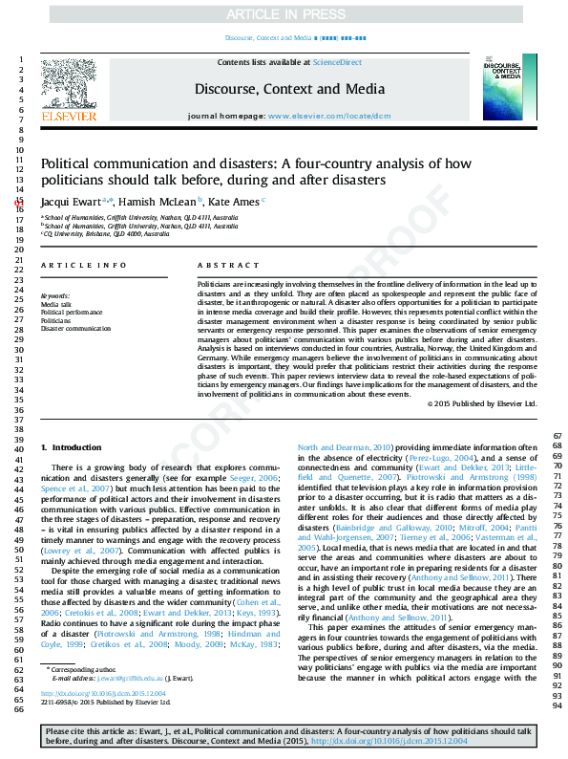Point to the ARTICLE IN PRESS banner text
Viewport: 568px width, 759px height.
tap(283, 14)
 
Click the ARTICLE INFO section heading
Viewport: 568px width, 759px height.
tap(84, 265)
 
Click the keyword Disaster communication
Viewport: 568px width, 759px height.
tap(75, 329)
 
